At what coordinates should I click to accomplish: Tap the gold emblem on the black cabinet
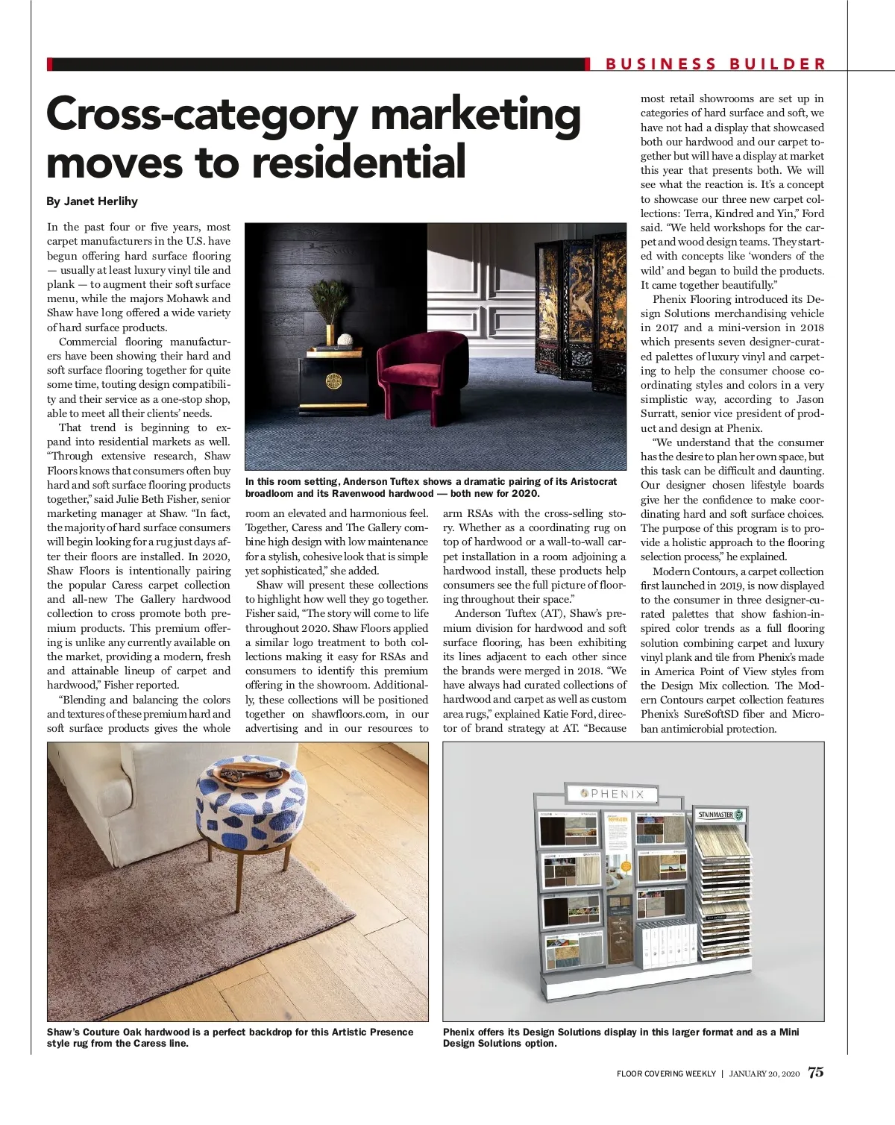click(333, 381)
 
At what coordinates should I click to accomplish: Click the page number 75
click(816, 1072)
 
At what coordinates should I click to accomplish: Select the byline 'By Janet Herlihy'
click(92, 201)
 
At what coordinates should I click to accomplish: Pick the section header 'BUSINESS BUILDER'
click(715, 64)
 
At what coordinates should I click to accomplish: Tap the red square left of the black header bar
click(50, 64)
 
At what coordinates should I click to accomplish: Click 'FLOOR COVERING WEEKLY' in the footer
click(666, 1074)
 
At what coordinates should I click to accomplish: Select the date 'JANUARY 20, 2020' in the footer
click(764, 1074)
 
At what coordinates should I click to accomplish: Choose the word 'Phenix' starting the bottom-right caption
click(459, 1032)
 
